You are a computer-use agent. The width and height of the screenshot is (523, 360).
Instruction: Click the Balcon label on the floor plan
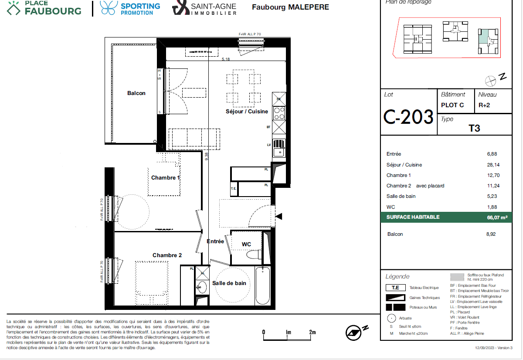136,93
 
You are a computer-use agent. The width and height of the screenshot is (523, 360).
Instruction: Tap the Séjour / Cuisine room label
247,112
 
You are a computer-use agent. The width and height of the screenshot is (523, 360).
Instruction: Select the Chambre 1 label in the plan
166,178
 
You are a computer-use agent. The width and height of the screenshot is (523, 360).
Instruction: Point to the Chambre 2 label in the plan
167,255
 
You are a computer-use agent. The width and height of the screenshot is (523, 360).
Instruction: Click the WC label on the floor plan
246,245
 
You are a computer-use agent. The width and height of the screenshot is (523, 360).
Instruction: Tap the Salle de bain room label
229,283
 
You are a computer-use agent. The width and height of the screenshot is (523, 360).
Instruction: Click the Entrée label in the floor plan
215,241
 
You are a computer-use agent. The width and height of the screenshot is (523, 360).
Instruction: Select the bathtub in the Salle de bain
263,286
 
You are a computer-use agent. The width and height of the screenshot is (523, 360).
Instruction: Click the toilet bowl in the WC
252,255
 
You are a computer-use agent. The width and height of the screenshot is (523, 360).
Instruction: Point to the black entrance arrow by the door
279,217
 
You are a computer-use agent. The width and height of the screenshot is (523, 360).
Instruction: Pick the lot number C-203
408,117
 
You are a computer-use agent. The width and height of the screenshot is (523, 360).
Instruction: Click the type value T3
474,129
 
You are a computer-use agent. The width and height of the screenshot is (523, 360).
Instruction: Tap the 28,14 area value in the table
492,165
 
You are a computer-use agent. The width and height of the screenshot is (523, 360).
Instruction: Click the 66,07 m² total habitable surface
497,217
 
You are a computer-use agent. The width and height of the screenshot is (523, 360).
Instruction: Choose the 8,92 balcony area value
491,234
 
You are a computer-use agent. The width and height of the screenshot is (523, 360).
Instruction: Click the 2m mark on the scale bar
312,332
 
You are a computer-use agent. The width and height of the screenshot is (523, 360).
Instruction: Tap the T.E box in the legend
395,288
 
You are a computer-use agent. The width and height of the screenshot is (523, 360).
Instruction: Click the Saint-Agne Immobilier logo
205,8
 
